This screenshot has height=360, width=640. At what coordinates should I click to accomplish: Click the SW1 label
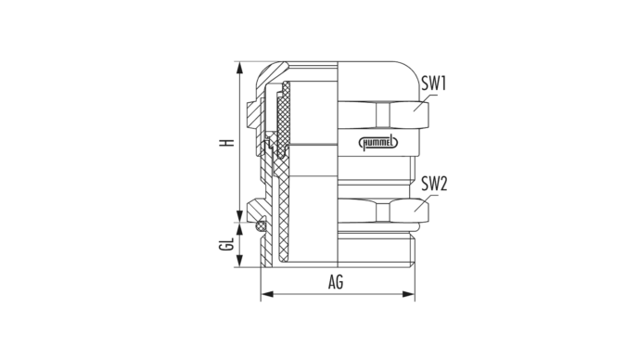[x=434, y=84]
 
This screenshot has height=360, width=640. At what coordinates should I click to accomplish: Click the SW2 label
[x=434, y=184]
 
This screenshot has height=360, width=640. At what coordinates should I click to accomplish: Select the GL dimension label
[x=226, y=245]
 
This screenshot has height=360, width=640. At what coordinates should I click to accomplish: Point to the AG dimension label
[x=336, y=282]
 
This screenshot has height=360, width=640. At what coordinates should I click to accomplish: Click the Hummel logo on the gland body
[x=378, y=143]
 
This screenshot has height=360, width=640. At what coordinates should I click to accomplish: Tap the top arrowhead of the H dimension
[x=240, y=68]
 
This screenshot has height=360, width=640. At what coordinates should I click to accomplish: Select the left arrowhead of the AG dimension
[x=267, y=294]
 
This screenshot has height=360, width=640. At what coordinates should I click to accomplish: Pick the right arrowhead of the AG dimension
[x=408, y=294]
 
